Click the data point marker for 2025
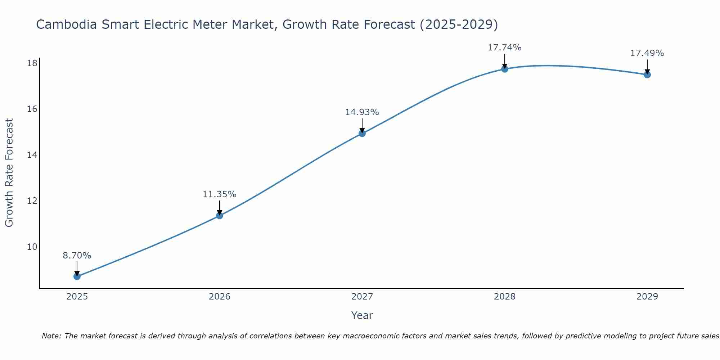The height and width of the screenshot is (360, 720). coord(77,276)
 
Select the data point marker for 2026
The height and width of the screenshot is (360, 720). coord(220,216)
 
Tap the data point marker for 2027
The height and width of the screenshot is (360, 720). coord(362,134)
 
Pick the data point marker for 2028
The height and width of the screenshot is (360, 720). coord(505,69)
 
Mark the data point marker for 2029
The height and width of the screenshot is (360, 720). coord(647,75)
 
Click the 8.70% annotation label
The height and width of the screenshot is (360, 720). coord(77,256)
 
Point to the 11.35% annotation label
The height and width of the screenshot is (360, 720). coord(220,194)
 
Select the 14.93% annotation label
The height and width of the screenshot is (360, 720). coord(362,112)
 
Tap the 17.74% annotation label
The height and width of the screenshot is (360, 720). coord(505,48)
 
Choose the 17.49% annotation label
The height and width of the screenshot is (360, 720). coord(647,53)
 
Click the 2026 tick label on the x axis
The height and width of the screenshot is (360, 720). coord(220,297)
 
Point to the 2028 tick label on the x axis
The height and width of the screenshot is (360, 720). coord(505,297)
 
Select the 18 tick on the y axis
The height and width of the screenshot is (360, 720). coord(32,63)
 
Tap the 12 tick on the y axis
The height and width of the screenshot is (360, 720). coord(32,201)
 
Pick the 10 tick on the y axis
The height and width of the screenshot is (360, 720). coord(32,247)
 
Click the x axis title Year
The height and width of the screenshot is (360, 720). coord(362,315)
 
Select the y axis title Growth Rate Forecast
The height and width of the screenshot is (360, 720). coord(9,173)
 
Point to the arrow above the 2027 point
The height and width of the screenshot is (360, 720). coord(362,125)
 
